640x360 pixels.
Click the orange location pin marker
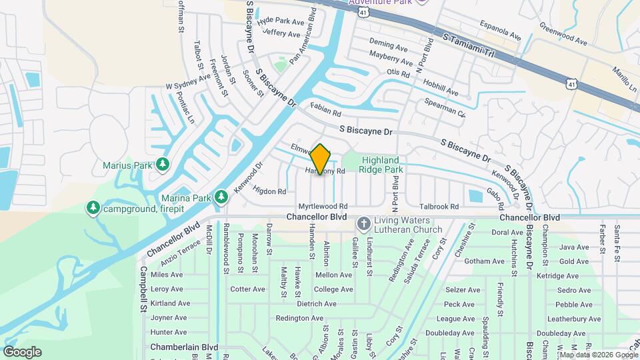[x=321, y=159]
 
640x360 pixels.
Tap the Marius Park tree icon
[x=162, y=164]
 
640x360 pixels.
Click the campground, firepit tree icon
[x=93, y=209]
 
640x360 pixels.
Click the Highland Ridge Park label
[x=381, y=165]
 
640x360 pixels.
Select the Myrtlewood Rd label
[x=323, y=207]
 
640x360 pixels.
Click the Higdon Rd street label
[x=270, y=191]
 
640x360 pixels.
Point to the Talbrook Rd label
[x=439, y=207]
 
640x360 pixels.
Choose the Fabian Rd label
[x=325, y=105]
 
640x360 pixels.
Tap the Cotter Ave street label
[x=247, y=289]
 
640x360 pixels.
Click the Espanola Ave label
[x=501, y=31]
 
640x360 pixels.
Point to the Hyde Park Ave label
[x=280, y=21]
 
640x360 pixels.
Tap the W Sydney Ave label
[x=188, y=85]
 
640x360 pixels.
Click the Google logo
[x=22, y=352]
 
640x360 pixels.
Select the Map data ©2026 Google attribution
[x=598, y=355]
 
